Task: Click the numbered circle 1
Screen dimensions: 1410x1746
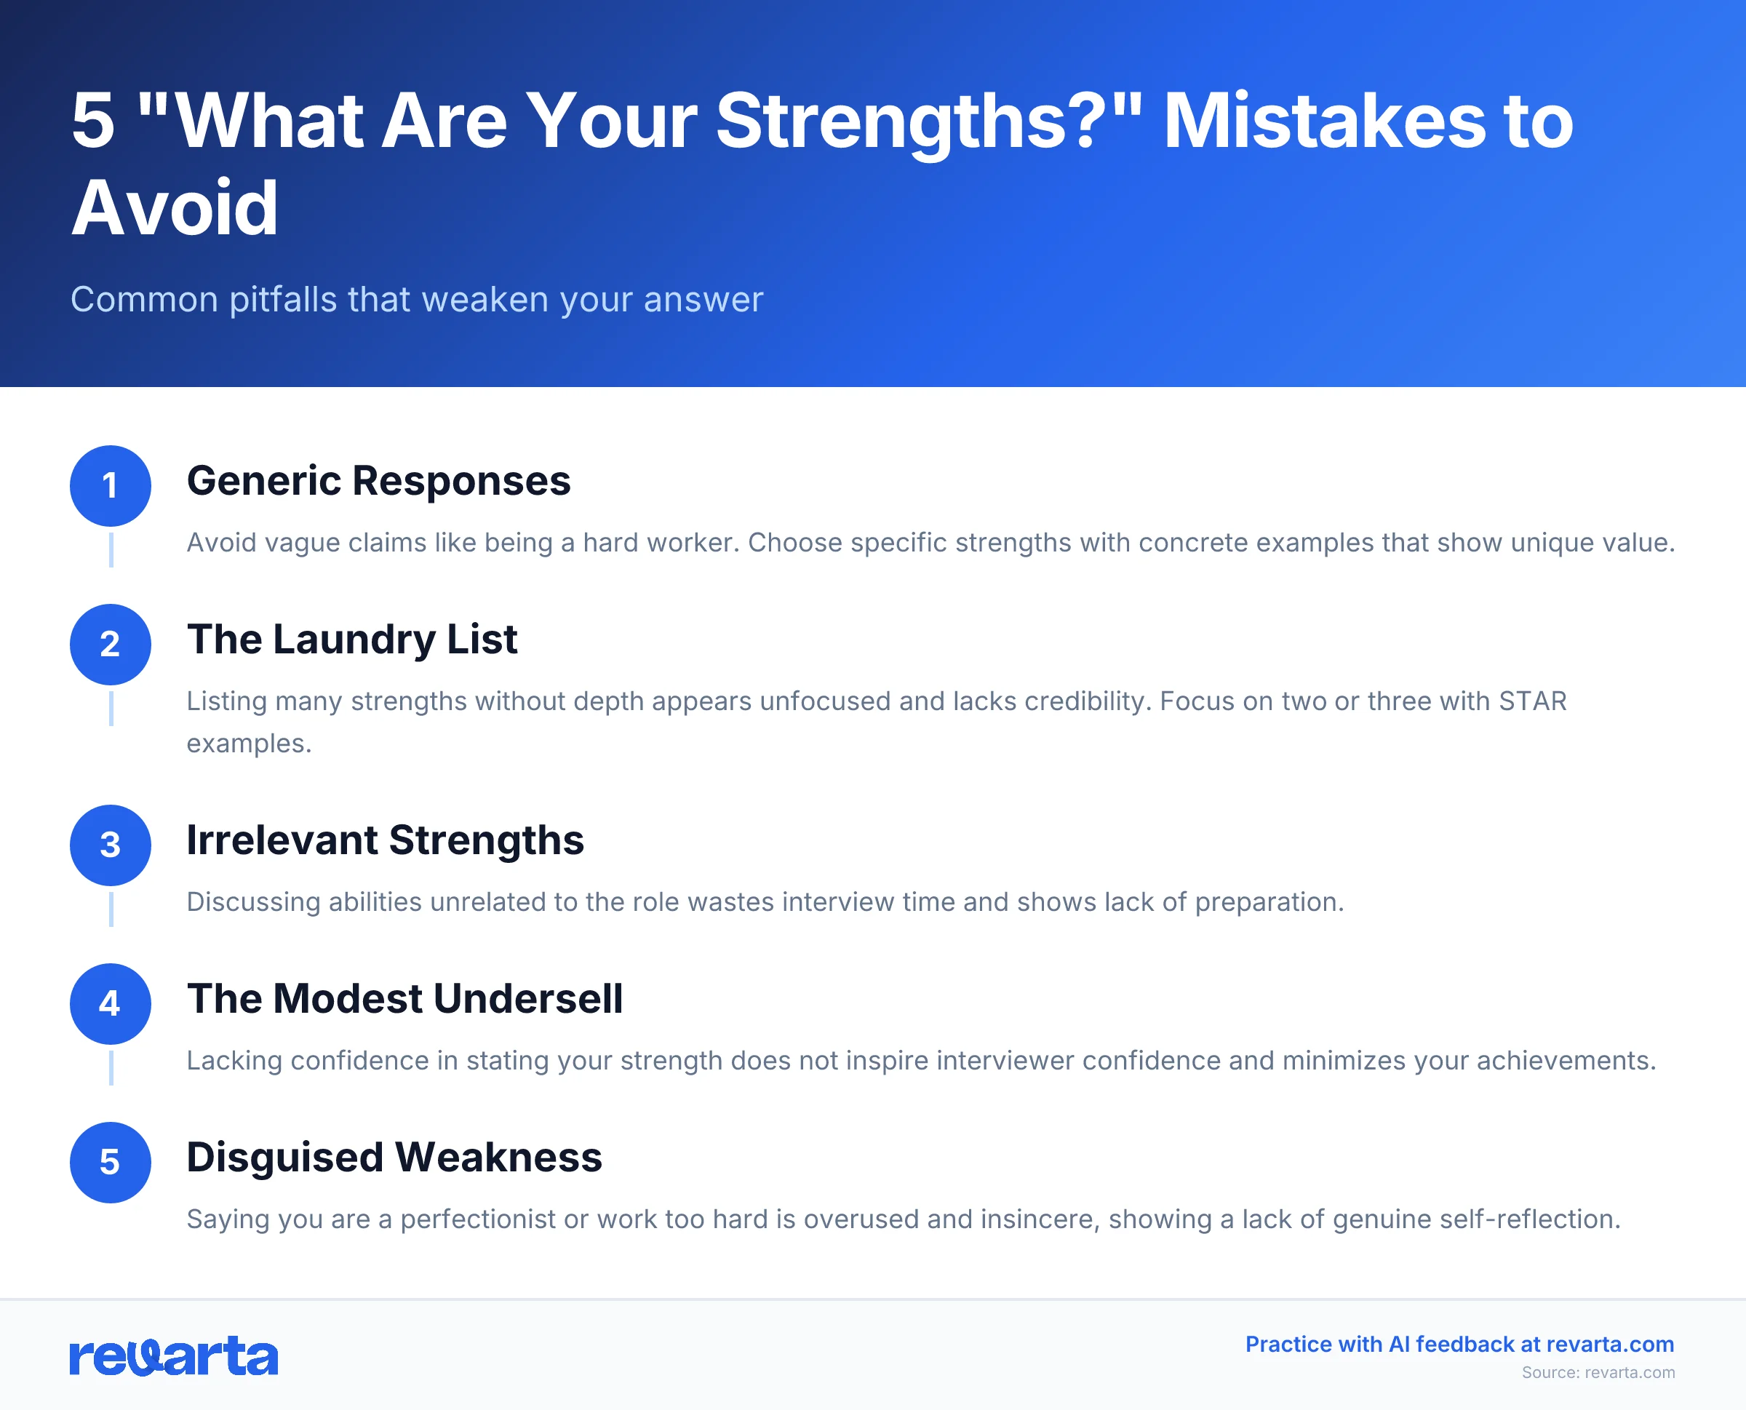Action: point(111,486)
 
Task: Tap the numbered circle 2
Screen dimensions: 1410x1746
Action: point(111,644)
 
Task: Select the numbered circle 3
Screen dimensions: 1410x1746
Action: point(111,845)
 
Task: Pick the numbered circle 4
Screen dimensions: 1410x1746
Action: point(111,1004)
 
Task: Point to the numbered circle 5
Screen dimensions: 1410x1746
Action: point(111,1163)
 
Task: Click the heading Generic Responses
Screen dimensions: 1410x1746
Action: point(378,481)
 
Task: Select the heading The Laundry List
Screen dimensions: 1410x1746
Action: point(351,640)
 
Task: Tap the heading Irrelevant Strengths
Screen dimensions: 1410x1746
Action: point(385,840)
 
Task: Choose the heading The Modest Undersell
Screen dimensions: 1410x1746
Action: point(404,998)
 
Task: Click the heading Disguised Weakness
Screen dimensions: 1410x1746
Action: point(394,1157)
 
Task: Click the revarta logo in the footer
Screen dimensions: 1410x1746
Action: point(174,1356)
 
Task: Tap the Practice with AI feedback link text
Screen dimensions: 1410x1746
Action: point(1459,1345)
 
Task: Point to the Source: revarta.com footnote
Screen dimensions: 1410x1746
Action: point(1598,1373)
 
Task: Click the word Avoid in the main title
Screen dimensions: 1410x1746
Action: point(175,209)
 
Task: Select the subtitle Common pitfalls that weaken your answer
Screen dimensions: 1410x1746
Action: point(417,300)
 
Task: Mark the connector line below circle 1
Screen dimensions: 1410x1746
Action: point(111,550)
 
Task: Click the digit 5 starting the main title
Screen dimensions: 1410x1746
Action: point(92,121)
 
